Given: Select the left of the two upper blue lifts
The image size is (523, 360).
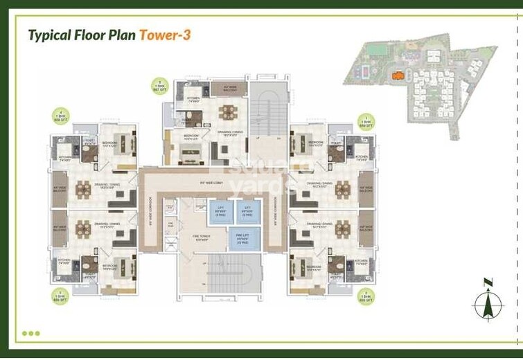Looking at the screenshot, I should (219, 209).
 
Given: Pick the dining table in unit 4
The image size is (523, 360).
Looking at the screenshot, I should (84, 186).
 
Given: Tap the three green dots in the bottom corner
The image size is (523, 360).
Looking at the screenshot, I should (30, 333).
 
